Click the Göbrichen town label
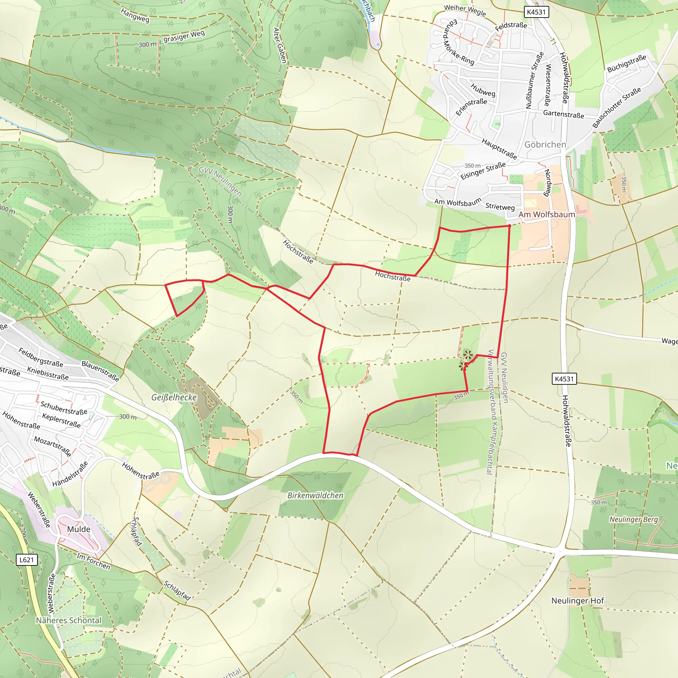545,145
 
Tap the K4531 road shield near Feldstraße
536,12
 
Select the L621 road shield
27,559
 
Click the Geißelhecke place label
174,397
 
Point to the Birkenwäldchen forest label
315,495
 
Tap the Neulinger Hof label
577,601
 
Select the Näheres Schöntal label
69,620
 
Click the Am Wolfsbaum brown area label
547,215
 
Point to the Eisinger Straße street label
483,170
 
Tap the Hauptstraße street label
499,149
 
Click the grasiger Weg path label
184,36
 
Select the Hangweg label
135,16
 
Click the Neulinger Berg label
633,519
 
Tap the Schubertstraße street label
64,408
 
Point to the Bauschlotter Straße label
616,107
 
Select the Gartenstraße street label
563,114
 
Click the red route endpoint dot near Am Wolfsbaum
509,226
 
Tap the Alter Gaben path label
280,46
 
